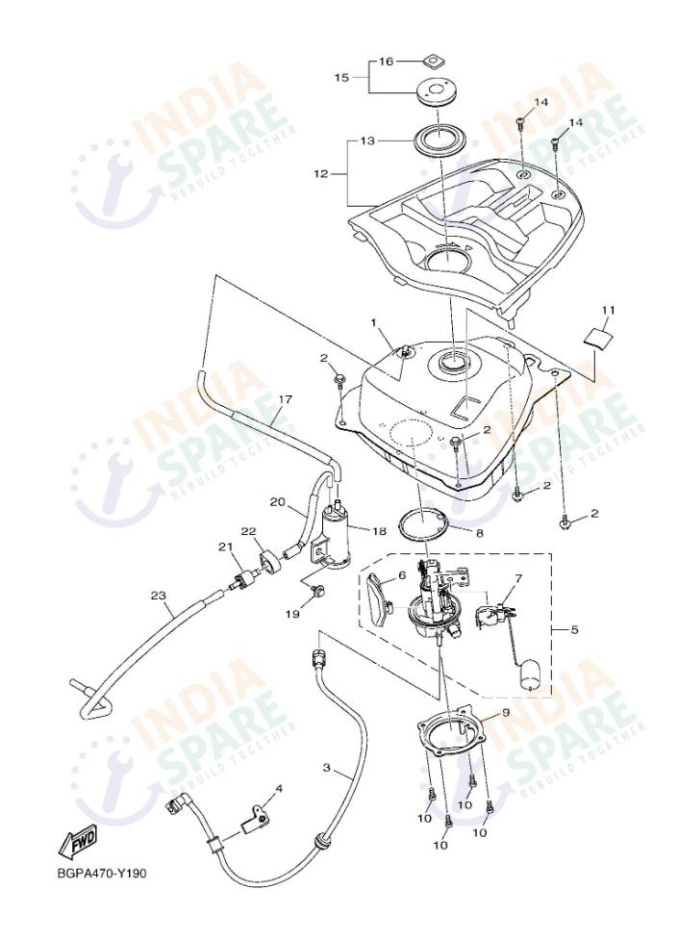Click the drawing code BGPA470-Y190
click(101, 873)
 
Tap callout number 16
click(386, 61)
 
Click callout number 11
click(607, 310)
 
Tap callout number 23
click(159, 597)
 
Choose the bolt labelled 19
click(320, 589)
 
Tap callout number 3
click(326, 769)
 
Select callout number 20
click(278, 502)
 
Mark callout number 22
click(248, 531)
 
